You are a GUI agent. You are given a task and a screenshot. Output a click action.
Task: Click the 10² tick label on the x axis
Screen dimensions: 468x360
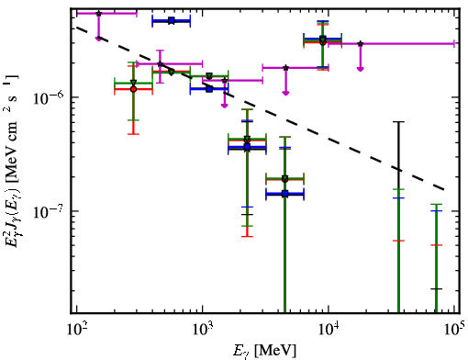pyautogui.click(x=76, y=329)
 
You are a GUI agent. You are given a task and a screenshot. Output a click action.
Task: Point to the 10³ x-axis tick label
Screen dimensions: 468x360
pyautogui.click(x=202, y=329)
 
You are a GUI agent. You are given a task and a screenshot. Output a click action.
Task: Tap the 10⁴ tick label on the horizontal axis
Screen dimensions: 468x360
pyautogui.click(x=329, y=329)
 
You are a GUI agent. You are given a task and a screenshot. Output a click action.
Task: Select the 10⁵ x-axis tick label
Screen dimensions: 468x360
pyautogui.click(x=454, y=329)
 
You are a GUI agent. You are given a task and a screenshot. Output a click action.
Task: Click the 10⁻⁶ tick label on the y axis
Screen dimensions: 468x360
pyautogui.click(x=49, y=97)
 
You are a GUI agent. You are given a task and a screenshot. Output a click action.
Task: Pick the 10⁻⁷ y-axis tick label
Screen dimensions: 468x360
pyautogui.click(x=49, y=211)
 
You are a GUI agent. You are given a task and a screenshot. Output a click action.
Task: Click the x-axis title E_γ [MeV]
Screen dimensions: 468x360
pyautogui.click(x=264, y=351)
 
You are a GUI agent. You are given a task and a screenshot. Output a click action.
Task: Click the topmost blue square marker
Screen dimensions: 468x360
pyautogui.click(x=172, y=21)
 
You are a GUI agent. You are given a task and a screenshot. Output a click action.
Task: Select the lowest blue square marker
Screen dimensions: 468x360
pyautogui.click(x=284, y=194)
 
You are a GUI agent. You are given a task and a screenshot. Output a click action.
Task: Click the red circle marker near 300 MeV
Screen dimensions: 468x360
pyautogui.click(x=133, y=89)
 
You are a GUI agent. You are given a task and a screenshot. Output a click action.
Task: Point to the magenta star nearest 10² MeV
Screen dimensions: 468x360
pyautogui.click(x=98, y=14)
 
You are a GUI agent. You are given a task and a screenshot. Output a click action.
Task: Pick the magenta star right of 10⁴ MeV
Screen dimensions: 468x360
pyautogui.click(x=361, y=44)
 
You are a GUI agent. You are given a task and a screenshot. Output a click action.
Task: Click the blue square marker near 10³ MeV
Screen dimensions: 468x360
pyautogui.click(x=209, y=89)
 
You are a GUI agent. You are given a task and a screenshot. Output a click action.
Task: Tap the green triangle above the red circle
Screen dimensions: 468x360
pyautogui.click(x=133, y=83)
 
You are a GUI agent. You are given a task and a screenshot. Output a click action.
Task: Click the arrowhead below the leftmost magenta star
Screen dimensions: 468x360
pyautogui.click(x=98, y=39)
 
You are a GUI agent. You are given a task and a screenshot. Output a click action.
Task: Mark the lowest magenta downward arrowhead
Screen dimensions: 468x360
pyautogui.click(x=225, y=106)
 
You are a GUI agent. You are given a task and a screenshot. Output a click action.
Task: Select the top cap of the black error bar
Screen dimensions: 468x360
pyautogui.click(x=398, y=122)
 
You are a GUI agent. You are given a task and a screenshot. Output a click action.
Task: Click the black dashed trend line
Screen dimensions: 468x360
pyautogui.click(x=260, y=108)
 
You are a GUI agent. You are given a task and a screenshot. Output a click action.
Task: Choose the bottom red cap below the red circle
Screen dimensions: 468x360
pyautogui.click(x=133, y=134)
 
